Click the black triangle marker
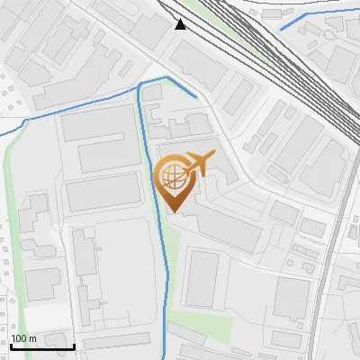click(x=181, y=23)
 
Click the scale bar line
click(x=41, y=346)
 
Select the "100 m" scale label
click(x=24, y=338)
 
